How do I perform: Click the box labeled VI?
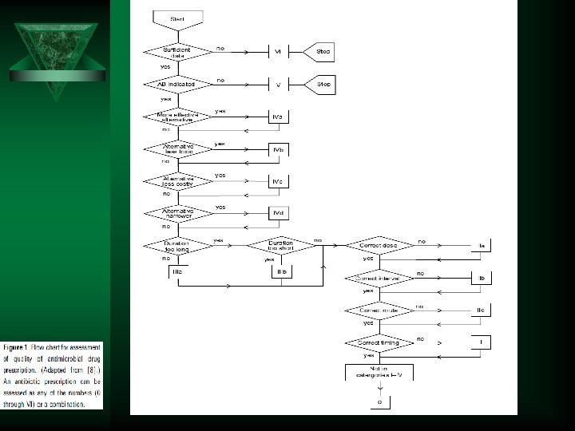click(278, 51)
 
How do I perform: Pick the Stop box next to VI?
click(323, 51)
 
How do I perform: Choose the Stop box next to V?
click(323, 83)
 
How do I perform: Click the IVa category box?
click(278, 117)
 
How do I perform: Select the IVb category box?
click(278, 149)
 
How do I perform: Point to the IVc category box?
click(278, 181)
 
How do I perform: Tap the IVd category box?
click(278, 213)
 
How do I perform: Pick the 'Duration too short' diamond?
click(280, 245)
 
